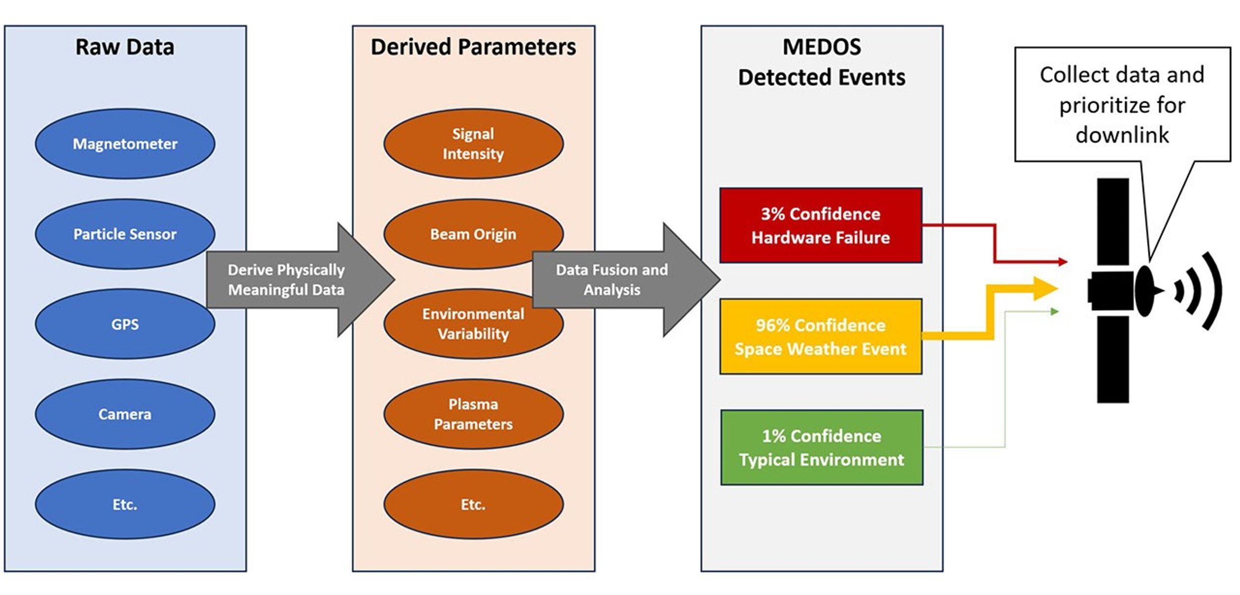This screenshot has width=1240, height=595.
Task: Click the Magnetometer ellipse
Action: pos(125,144)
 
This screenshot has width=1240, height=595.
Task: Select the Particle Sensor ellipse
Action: pos(125,234)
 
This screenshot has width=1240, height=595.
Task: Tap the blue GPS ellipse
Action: pos(125,324)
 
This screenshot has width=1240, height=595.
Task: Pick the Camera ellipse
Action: pos(125,414)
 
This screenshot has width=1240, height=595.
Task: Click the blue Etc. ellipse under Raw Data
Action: pos(125,504)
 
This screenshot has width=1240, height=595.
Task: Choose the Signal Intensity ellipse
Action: pos(473,144)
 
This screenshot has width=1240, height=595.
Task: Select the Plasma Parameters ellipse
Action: pos(473,414)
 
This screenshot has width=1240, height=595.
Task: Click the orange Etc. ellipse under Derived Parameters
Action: pos(473,504)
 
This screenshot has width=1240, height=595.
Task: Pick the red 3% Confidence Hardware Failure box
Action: pos(821,225)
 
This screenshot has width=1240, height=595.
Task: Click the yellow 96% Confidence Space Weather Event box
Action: pos(821,336)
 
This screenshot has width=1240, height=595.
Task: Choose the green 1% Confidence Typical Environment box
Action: pos(822,447)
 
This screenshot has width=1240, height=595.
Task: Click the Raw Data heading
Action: pos(125,47)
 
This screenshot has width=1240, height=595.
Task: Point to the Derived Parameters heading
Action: pos(473,47)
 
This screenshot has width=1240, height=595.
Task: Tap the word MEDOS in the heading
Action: pos(822,47)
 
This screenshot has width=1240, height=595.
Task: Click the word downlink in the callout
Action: pos(1122,135)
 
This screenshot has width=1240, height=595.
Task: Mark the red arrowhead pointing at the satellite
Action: pos(1062,262)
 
